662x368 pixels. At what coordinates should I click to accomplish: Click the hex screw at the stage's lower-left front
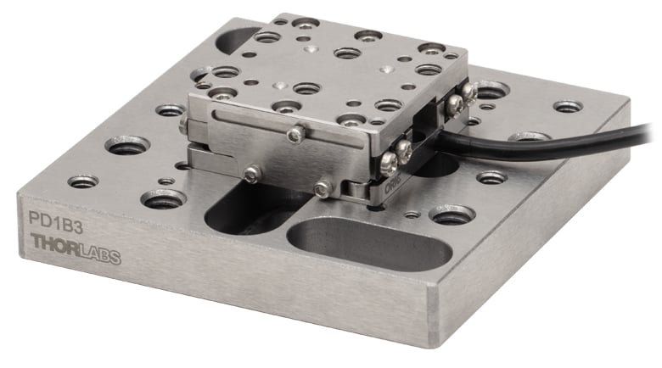(x=250, y=174)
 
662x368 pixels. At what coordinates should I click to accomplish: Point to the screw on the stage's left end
(x=183, y=125)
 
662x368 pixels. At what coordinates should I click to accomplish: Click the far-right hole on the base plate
(x=567, y=108)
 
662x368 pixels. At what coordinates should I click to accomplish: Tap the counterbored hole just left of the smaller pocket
(x=163, y=199)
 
